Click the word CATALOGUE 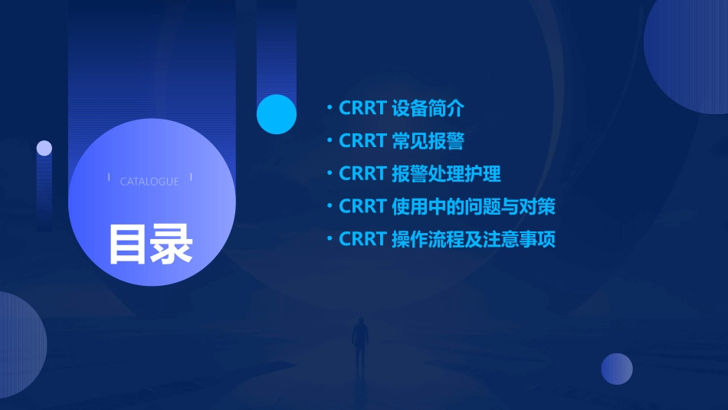(x=149, y=182)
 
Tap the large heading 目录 (x=150, y=244)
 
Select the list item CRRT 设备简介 (x=401, y=108)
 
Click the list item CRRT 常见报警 (x=401, y=141)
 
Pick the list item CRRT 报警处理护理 (x=419, y=174)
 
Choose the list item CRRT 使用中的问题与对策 (x=447, y=207)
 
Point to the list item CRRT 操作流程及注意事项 (x=447, y=240)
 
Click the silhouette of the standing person (x=359, y=342)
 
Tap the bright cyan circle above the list (x=277, y=114)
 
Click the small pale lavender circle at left (x=44, y=148)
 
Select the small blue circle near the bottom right (x=617, y=369)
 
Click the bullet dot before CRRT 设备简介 (x=330, y=108)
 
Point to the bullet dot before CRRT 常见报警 (x=330, y=141)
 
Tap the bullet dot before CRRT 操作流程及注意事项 (x=330, y=239)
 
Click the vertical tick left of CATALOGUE (x=109, y=178)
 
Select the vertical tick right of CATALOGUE (x=191, y=178)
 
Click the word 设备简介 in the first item (x=428, y=108)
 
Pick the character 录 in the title (x=172, y=244)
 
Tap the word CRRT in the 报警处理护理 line (x=362, y=174)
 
